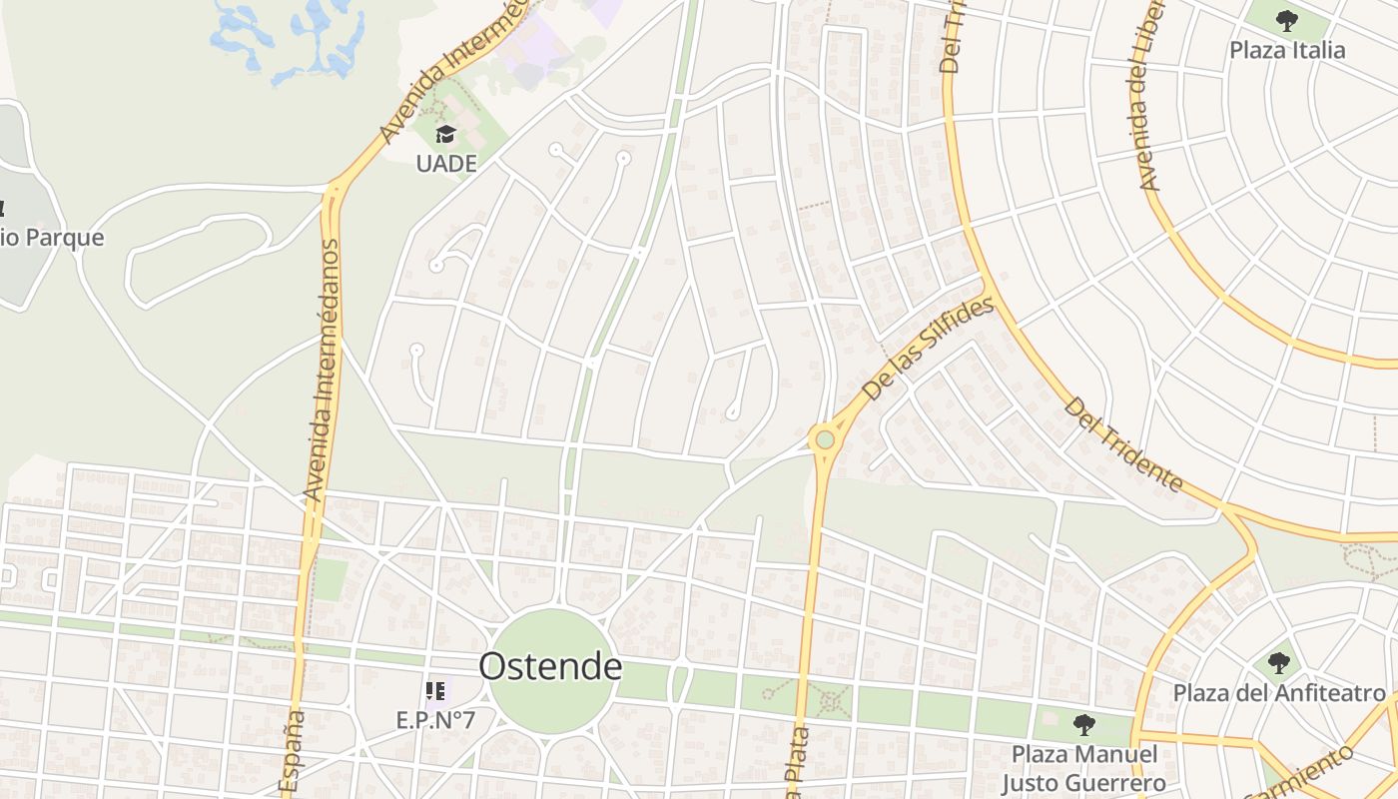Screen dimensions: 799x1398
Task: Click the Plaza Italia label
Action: [1287, 50]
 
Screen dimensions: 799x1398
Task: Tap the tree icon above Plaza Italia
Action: [1287, 20]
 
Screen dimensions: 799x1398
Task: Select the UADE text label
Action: [446, 163]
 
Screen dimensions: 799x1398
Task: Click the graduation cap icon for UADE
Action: [445, 134]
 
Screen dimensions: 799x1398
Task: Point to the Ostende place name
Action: [550, 666]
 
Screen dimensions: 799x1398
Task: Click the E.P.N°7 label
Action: [435, 719]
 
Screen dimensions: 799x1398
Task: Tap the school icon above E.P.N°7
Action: [435, 690]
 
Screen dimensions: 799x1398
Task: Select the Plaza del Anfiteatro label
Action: [1279, 692]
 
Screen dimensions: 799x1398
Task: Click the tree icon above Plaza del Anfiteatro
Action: [1279, 662]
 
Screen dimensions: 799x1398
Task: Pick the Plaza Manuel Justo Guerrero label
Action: [1084, 768]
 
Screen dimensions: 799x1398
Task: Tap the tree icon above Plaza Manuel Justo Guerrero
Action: [1084, 724]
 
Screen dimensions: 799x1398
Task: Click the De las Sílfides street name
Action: [928, 350]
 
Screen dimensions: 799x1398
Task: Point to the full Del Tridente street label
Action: [1123, 445]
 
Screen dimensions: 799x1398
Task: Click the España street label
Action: [292, 754]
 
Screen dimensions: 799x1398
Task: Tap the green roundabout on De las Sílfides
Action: [824, 439]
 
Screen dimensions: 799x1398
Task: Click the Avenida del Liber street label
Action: [1153, 110]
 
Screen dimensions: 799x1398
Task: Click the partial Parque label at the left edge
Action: [50, 238]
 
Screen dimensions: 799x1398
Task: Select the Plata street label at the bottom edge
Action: [799, 764]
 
